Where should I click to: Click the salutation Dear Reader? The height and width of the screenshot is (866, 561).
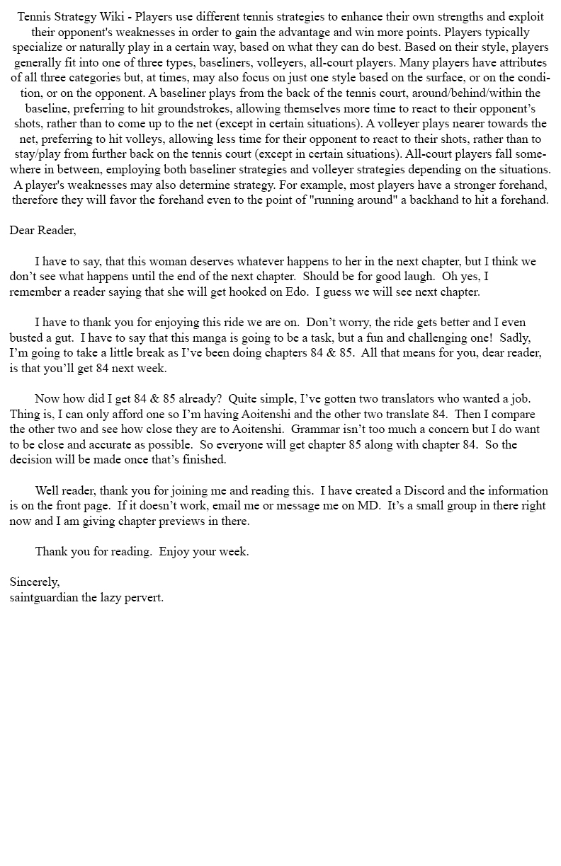(x=42, y=231)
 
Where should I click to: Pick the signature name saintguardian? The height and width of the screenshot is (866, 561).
(x=42, y=598)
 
